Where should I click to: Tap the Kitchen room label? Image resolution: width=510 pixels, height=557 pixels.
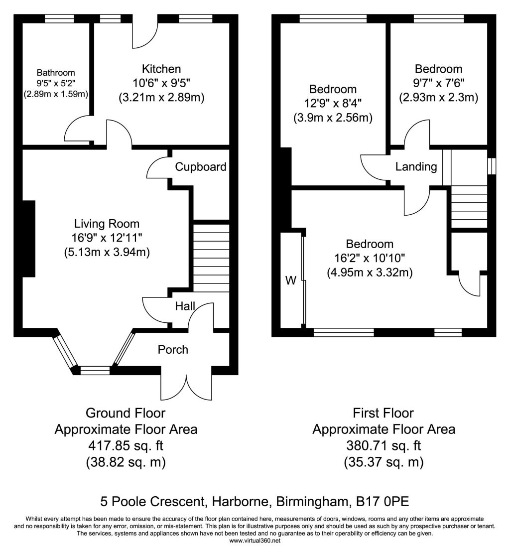coord(161,69)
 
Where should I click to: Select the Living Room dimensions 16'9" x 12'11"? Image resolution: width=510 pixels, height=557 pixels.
coord(107,238)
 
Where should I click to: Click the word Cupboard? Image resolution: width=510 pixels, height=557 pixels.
coord(200,167)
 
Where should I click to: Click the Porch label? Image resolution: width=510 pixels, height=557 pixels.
coord(173,350)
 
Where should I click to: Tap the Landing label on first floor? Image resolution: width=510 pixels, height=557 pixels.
coord(416,167)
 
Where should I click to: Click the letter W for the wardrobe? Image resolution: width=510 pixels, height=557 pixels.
coord(290,281)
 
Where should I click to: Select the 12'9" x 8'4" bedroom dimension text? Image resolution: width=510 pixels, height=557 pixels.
coord(333,104)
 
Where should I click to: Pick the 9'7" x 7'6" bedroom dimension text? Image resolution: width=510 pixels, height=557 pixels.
coord(438,83)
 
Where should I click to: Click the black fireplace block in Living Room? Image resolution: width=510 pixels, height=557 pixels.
coord(28,238)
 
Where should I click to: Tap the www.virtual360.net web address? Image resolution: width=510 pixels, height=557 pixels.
coord(255,540)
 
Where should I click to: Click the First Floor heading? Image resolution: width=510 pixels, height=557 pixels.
coord(383,413)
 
